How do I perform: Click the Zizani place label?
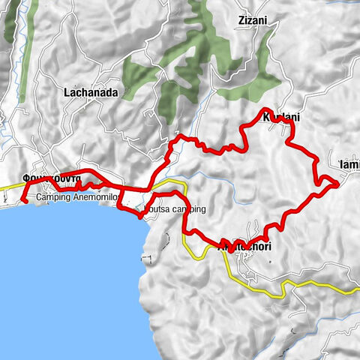(252, 21)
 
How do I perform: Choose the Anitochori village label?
(244, 246)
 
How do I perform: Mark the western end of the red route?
(24, 199)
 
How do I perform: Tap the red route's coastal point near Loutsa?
(140, 216)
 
